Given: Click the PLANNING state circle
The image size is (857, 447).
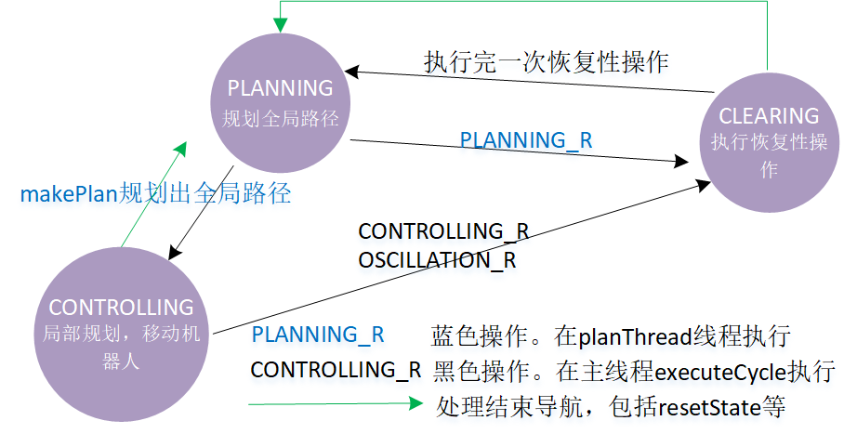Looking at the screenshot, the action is (281, 103).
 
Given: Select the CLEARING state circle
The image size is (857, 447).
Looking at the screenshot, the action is (769, 142).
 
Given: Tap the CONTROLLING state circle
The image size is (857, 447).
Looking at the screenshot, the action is (122, 334).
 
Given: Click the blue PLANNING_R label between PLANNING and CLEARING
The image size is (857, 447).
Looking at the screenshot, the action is (526, 140).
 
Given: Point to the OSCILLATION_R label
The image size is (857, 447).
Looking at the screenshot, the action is (437, 260).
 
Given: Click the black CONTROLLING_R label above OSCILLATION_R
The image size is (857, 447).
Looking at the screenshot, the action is (443, 231).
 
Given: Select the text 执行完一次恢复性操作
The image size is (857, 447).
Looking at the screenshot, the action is (546, 61).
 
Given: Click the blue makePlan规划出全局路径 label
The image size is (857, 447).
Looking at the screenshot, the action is (156, 193).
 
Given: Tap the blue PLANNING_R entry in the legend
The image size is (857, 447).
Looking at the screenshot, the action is (318, 335).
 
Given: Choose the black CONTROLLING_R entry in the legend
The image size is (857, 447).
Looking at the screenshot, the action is (336, 370).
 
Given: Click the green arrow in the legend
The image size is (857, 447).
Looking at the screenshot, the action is (336, 404).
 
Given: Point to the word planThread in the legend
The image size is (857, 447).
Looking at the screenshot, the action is (635, 336).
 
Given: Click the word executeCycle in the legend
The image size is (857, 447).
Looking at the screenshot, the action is (720, 372).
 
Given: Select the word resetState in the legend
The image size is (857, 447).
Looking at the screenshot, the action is (710, 407).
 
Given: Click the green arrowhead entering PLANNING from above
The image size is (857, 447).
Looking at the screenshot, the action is (281, 25).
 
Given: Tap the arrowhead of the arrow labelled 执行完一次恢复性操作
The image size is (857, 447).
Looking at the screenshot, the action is (352, 72).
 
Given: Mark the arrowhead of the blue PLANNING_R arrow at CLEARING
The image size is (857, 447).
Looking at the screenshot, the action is (681, 161).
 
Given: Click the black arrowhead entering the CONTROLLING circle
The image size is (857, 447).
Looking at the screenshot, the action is (174, 253).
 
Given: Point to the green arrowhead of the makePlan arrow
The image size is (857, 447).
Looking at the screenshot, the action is (181, 149).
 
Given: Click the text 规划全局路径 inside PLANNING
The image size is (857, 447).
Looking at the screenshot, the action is (281, 118).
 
